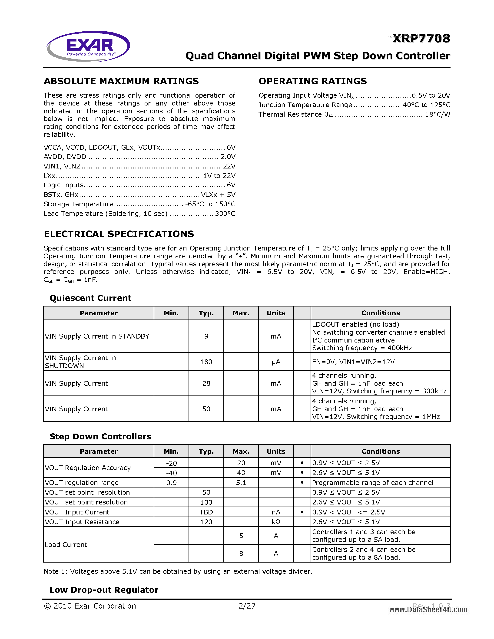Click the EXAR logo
[88, 46]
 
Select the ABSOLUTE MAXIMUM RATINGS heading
[121, 81]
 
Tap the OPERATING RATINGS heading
[312, 81]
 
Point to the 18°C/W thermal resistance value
[437, 114]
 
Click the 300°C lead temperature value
[225, 214]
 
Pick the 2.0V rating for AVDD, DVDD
[228, 157]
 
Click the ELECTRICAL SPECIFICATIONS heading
[119, 234]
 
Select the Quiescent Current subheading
[90, 298]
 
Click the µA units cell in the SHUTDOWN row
[276, 362]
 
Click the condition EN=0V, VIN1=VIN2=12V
[353, 362]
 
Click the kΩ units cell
[276, 522]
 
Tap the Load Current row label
[66, 544]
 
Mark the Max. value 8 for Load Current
[241, 553]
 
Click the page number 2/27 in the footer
[247, 606]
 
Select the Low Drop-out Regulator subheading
[104, 590]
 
